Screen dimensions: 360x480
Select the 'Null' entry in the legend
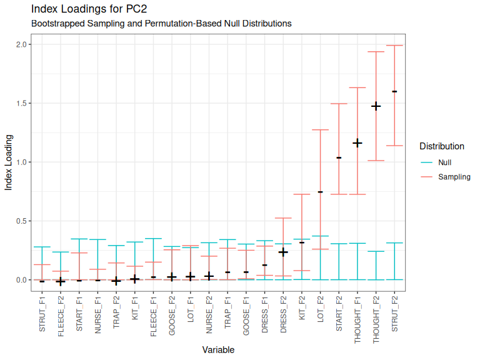[x=445, y=162]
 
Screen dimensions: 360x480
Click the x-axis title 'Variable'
[x=218, y=350]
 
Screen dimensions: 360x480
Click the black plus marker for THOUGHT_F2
[x=376, y=106]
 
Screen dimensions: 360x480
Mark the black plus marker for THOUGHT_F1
[x=357, y=143]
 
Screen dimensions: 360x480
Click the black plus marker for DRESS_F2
[x=283, y=252]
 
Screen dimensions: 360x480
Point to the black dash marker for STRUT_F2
[x=394, y=91]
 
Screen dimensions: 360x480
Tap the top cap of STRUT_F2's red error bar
[x=394, y=46]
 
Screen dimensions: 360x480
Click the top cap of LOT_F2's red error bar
[x=320, y=130]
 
